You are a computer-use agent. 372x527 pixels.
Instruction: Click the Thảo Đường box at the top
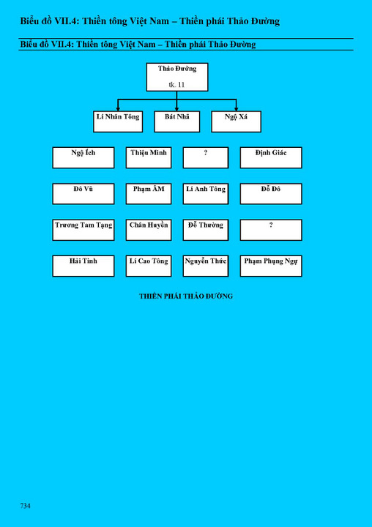(177, 77)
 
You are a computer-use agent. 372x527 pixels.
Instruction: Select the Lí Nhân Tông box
(118, 122)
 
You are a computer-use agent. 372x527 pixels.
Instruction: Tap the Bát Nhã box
(177, 122)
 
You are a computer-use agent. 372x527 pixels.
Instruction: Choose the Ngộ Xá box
(236, 122)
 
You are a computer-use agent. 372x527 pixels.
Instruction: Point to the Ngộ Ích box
(83, 157)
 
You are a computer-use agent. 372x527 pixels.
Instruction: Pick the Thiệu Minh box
(149, 157)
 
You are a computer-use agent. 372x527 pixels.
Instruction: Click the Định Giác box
(271, 157)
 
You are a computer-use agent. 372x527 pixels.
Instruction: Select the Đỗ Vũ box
(83, 193)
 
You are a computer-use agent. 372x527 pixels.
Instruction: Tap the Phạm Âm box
(149, 193)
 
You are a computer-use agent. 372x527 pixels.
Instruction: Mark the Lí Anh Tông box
(206, 193)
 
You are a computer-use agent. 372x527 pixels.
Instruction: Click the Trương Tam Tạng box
(83, 230)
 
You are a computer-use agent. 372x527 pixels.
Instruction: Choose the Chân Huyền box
(149, 230)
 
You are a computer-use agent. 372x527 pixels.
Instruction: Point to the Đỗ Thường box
(206, 230)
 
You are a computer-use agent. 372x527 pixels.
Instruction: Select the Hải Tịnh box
(83, 266)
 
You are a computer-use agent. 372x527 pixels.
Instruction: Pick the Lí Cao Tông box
(149, 266)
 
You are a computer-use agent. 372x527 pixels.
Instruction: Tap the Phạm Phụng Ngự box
(271, 266)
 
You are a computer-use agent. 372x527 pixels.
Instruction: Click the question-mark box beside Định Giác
(206, 157)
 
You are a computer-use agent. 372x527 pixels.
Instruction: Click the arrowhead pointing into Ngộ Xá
(236, 109)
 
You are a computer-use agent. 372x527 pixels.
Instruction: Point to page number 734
(25, 506)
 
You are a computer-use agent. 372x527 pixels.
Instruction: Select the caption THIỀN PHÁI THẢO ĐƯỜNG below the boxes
(186, 296)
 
